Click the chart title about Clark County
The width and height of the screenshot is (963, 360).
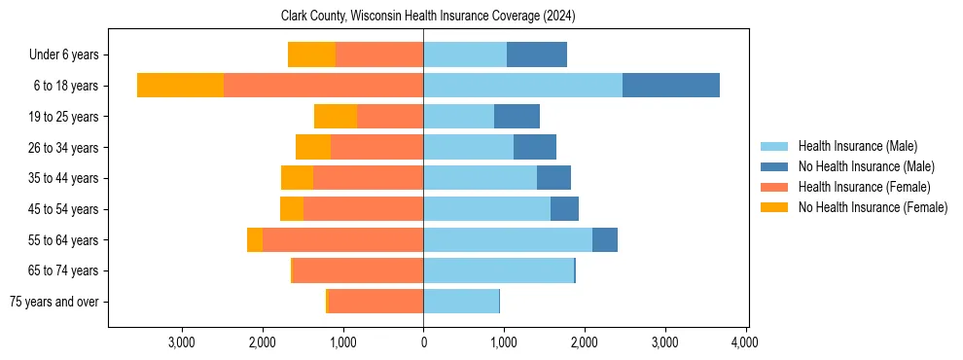tap(429, 17)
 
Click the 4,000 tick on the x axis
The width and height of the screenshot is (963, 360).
tap(745, 342)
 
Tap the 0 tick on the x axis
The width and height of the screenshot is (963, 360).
tap(423, 342)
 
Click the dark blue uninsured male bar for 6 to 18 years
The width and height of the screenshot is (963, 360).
tap(671, 86)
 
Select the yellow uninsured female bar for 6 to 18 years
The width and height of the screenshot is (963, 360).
tap(180, 86)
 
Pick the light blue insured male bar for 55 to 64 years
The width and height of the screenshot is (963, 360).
tap(508, 239)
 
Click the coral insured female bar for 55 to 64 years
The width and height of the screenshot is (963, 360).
tap(342, 239)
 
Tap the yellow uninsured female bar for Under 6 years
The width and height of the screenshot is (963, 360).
tap(311, 54)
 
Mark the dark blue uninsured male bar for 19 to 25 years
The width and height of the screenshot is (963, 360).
tap(517, 117)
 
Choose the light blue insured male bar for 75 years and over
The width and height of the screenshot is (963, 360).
tap(461, 302)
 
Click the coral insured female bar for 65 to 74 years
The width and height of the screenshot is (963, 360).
tap(358, 270)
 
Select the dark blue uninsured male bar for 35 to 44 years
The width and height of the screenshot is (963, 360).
tap(553, 178)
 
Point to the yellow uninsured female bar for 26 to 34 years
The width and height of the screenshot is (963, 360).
tap(313, 147)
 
